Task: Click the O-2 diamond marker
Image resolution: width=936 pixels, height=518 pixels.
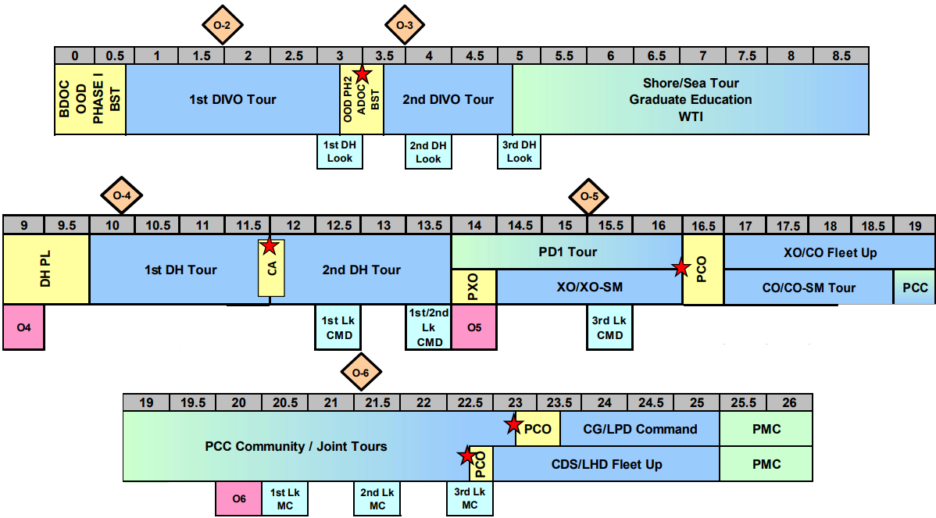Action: point(222,26)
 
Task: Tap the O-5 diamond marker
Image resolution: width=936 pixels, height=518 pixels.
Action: point(588,195)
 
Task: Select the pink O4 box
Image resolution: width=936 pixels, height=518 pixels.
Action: point(23,327)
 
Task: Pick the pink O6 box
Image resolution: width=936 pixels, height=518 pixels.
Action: point(238,498)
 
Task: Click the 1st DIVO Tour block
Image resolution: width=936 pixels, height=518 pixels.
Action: point(232,99)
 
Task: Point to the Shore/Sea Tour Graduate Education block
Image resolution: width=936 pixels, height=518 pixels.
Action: point(691,99)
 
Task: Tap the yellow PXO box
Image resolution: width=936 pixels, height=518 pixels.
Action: point(473,287)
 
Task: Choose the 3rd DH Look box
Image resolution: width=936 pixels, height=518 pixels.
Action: point(520,152)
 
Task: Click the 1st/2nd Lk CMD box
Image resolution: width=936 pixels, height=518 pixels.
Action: point(428,327)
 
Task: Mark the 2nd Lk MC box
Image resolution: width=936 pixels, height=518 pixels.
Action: point(377,498)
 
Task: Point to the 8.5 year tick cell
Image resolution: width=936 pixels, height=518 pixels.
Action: point(841,55)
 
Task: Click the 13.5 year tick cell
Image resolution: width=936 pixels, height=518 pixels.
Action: point(429,225)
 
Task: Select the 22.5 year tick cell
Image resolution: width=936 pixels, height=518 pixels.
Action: point(470,402)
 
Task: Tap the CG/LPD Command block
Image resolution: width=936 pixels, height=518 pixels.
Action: point(640,429)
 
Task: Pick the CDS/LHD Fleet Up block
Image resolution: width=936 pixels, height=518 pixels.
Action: point(606,464)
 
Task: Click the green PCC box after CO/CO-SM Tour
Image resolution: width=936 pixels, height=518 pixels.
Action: point(915,288)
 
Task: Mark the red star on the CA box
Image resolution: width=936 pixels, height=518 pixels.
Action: point(269,246)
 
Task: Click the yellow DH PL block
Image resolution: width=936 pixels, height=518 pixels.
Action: point(46,270)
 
